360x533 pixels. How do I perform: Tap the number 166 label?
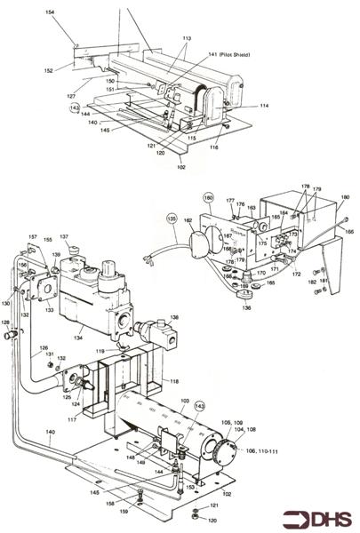[348, 230]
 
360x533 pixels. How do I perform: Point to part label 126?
[41, 348]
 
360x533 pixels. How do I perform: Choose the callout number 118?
[174, 380]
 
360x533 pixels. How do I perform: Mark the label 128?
[5, 322]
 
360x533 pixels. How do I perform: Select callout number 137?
[64, 237]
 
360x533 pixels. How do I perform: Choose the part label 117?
[71, 419]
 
